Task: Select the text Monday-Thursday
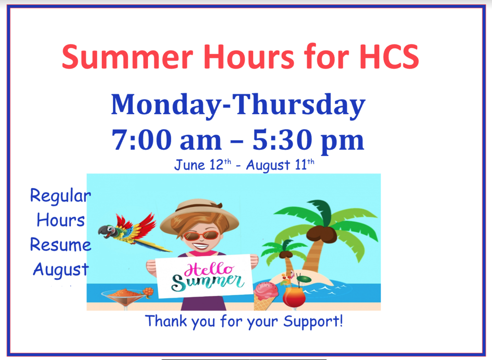coord(238,105)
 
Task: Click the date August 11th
coord(281,165)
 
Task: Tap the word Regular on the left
coord(61,196)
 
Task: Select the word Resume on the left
coord(61,245)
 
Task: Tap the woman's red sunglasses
coord(201,235)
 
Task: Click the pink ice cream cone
coord(265,294)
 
